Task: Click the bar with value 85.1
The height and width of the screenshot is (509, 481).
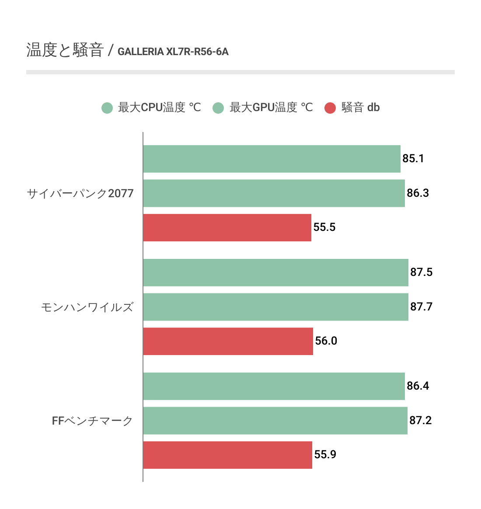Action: [272, 159]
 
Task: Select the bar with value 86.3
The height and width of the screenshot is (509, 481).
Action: [274, 193]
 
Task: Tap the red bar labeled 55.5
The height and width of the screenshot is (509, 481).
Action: [227, 227]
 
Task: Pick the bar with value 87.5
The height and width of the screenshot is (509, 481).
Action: [275, 272]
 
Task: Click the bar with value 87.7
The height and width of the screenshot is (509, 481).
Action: [275, 307]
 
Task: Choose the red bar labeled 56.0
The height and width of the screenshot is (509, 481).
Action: [228, 341]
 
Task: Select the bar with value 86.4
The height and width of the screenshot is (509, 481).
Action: [274, 386]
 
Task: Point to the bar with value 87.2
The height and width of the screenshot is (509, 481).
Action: [275, 421]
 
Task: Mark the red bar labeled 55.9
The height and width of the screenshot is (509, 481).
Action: [227, 455]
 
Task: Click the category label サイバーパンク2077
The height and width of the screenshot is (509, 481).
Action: [80, 193]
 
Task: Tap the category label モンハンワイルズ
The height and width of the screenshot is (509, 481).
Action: [87, 307]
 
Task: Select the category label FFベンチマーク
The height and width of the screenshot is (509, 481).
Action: [92, 421]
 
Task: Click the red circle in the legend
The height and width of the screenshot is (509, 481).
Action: [330, 108]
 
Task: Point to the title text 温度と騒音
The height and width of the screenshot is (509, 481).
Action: [65, 50]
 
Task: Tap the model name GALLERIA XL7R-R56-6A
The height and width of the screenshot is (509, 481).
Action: [173, 52]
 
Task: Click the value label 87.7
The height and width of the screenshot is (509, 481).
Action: [421, 307]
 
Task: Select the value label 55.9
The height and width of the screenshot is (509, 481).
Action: [325, 455]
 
